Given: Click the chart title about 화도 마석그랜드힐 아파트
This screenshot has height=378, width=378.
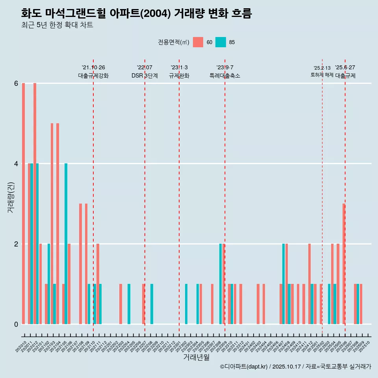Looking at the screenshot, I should tap(136, 13).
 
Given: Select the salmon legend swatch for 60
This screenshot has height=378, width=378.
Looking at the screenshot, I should tap(198, 42).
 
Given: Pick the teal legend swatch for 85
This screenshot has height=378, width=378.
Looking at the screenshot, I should tap(221, 42).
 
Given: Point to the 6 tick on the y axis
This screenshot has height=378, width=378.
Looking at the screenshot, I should tap(16, 83).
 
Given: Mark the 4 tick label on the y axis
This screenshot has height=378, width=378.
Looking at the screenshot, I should tap(16, 164).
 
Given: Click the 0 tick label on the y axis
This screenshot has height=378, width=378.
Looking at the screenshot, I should tap(16, 324).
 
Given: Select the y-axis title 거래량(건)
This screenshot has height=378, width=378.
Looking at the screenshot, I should tap(11, 197).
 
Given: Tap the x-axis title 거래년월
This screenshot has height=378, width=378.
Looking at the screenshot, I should tap(196, 357).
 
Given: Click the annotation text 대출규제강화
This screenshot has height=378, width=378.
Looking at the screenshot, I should tap(93, 76).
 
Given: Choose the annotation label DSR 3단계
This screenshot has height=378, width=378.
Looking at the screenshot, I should tap(145, 76).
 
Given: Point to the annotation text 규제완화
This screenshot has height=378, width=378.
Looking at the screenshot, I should tap(179, 76).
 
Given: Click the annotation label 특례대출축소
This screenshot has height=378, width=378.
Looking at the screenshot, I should tap(225, 76).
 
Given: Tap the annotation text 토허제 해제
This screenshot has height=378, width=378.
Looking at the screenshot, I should tap(322, 75).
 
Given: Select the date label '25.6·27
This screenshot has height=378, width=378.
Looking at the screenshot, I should tap(345, 67).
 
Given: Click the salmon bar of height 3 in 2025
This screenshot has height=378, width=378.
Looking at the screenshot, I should tap(344, 264).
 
